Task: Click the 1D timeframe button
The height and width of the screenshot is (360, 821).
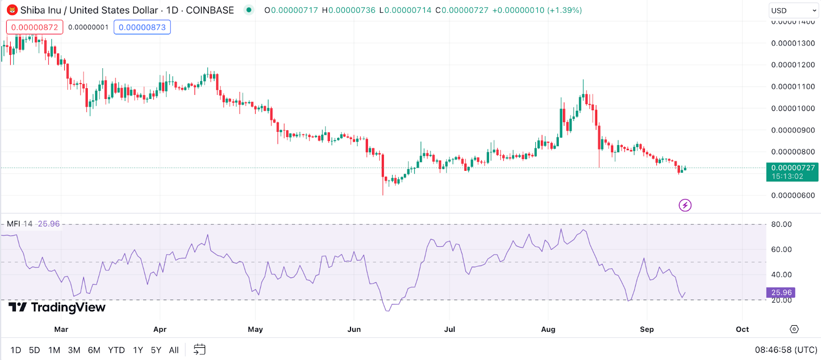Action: tap(16, 350)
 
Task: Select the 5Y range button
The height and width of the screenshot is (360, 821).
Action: tap(156, 350)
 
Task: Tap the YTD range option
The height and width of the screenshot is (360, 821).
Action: tap(116, 350)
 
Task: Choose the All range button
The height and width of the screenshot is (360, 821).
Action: tap(174, 350)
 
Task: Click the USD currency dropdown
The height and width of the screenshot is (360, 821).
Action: tap(793, 10)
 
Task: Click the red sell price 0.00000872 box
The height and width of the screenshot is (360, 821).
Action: tap(35, 27)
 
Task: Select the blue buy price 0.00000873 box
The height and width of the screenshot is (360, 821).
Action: tap(142, 27)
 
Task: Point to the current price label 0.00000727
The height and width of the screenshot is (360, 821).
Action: tap(792, 168)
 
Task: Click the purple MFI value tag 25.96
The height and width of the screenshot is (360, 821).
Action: tap(781, 292)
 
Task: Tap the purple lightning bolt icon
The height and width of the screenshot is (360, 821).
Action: tap(685, 206)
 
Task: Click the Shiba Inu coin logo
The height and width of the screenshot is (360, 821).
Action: tap(12, 10)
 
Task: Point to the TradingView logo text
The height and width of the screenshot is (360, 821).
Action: tap(57, 307)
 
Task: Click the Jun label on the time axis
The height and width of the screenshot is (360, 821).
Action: tap(354, 329)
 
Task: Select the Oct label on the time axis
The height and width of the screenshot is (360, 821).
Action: tap(742, 329)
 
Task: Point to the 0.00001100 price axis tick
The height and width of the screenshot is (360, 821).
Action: tap(793, 87)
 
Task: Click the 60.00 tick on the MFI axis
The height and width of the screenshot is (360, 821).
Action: tap(781, 250)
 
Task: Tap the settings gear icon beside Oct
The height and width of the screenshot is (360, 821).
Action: tap(794, 329)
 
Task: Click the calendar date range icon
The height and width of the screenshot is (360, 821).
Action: tap(200, 350)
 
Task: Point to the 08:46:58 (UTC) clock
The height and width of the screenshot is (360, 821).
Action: tap(786, 350)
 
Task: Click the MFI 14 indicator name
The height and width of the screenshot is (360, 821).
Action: tap(19, 224)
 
